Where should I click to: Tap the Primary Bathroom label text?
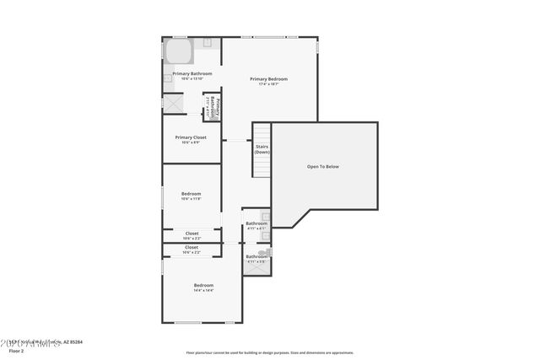click(192, 73)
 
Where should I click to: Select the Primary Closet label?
click(191, 137)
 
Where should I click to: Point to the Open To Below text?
click(322, 167)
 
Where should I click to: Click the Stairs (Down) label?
click(262, 149)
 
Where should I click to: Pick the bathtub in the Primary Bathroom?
click(178, 51)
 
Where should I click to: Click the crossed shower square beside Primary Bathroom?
click(174, 103)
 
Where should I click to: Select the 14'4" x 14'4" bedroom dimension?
click(203, 291)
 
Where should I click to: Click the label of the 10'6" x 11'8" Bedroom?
click(191, 194)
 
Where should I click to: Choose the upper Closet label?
click(192, 233)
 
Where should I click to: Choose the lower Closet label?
click(192, 247)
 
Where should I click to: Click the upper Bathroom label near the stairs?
click(256, 223)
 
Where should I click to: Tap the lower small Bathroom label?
click(256, 256)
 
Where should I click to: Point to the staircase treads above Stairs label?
click(262, 133)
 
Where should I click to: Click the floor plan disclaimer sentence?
click(269, 353)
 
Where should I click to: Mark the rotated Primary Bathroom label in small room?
click(214, 107)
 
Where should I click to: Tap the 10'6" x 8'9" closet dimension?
click(191, 142)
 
